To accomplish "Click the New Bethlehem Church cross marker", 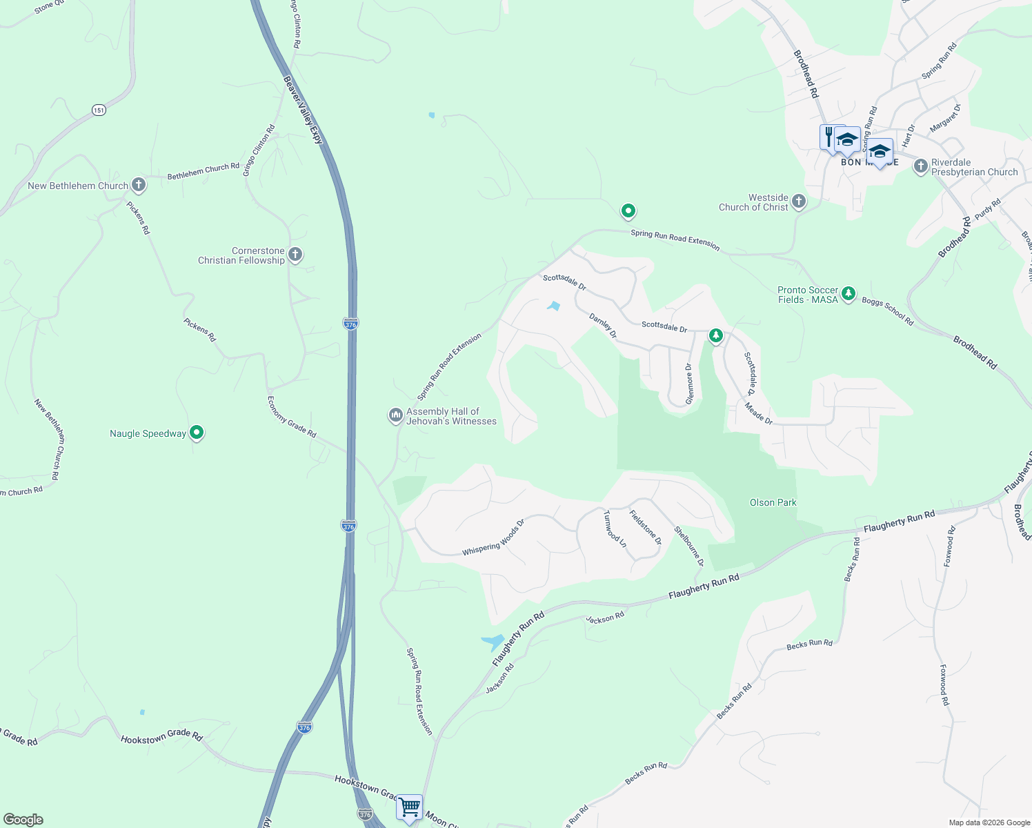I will [139, 185].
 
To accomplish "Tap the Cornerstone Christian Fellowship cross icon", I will [295, 255].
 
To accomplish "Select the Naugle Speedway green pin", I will [197, 433].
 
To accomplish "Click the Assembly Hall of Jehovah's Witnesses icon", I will [395, 415].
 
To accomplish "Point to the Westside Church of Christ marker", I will [799, 201].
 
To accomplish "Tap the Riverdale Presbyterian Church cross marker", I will [920, 166].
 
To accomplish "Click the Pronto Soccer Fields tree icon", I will [849, 294].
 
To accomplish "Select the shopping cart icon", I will [409, 806].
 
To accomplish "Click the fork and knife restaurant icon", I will [828, 136].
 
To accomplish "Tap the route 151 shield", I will [99, 110].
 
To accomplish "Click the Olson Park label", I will [773, 502].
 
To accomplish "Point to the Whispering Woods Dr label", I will [493, 538].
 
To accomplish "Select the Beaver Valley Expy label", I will [304, 110].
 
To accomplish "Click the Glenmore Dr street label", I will [688, 384].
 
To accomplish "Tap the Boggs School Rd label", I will [887, 312].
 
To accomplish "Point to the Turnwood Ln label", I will [615, 529].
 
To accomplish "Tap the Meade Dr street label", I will [759, 413].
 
